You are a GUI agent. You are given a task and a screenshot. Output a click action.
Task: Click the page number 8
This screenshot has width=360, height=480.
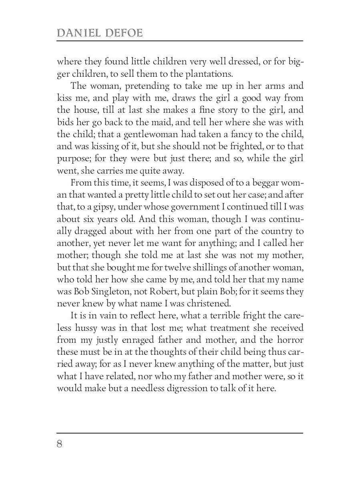coord(60,444)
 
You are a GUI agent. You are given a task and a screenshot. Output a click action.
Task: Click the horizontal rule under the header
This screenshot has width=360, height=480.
coord(180,41)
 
